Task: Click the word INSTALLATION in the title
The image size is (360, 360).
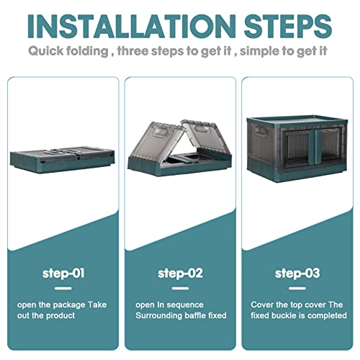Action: (x=132, y=26)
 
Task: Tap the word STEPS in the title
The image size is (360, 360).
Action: (x=288, y=26)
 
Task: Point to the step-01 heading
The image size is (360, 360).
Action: (x=63, y=274)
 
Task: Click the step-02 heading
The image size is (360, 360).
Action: (x=180, y=274)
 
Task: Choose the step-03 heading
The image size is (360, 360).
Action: (x=297, y=274)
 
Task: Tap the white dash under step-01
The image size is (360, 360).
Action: (x=63, y=288)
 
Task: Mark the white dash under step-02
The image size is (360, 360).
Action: (x=180, y=288)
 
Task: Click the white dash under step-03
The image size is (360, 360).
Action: (x=297, y=288)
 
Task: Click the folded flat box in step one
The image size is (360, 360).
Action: (x=62, y=159)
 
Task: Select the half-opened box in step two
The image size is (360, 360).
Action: (x=179, y=148)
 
